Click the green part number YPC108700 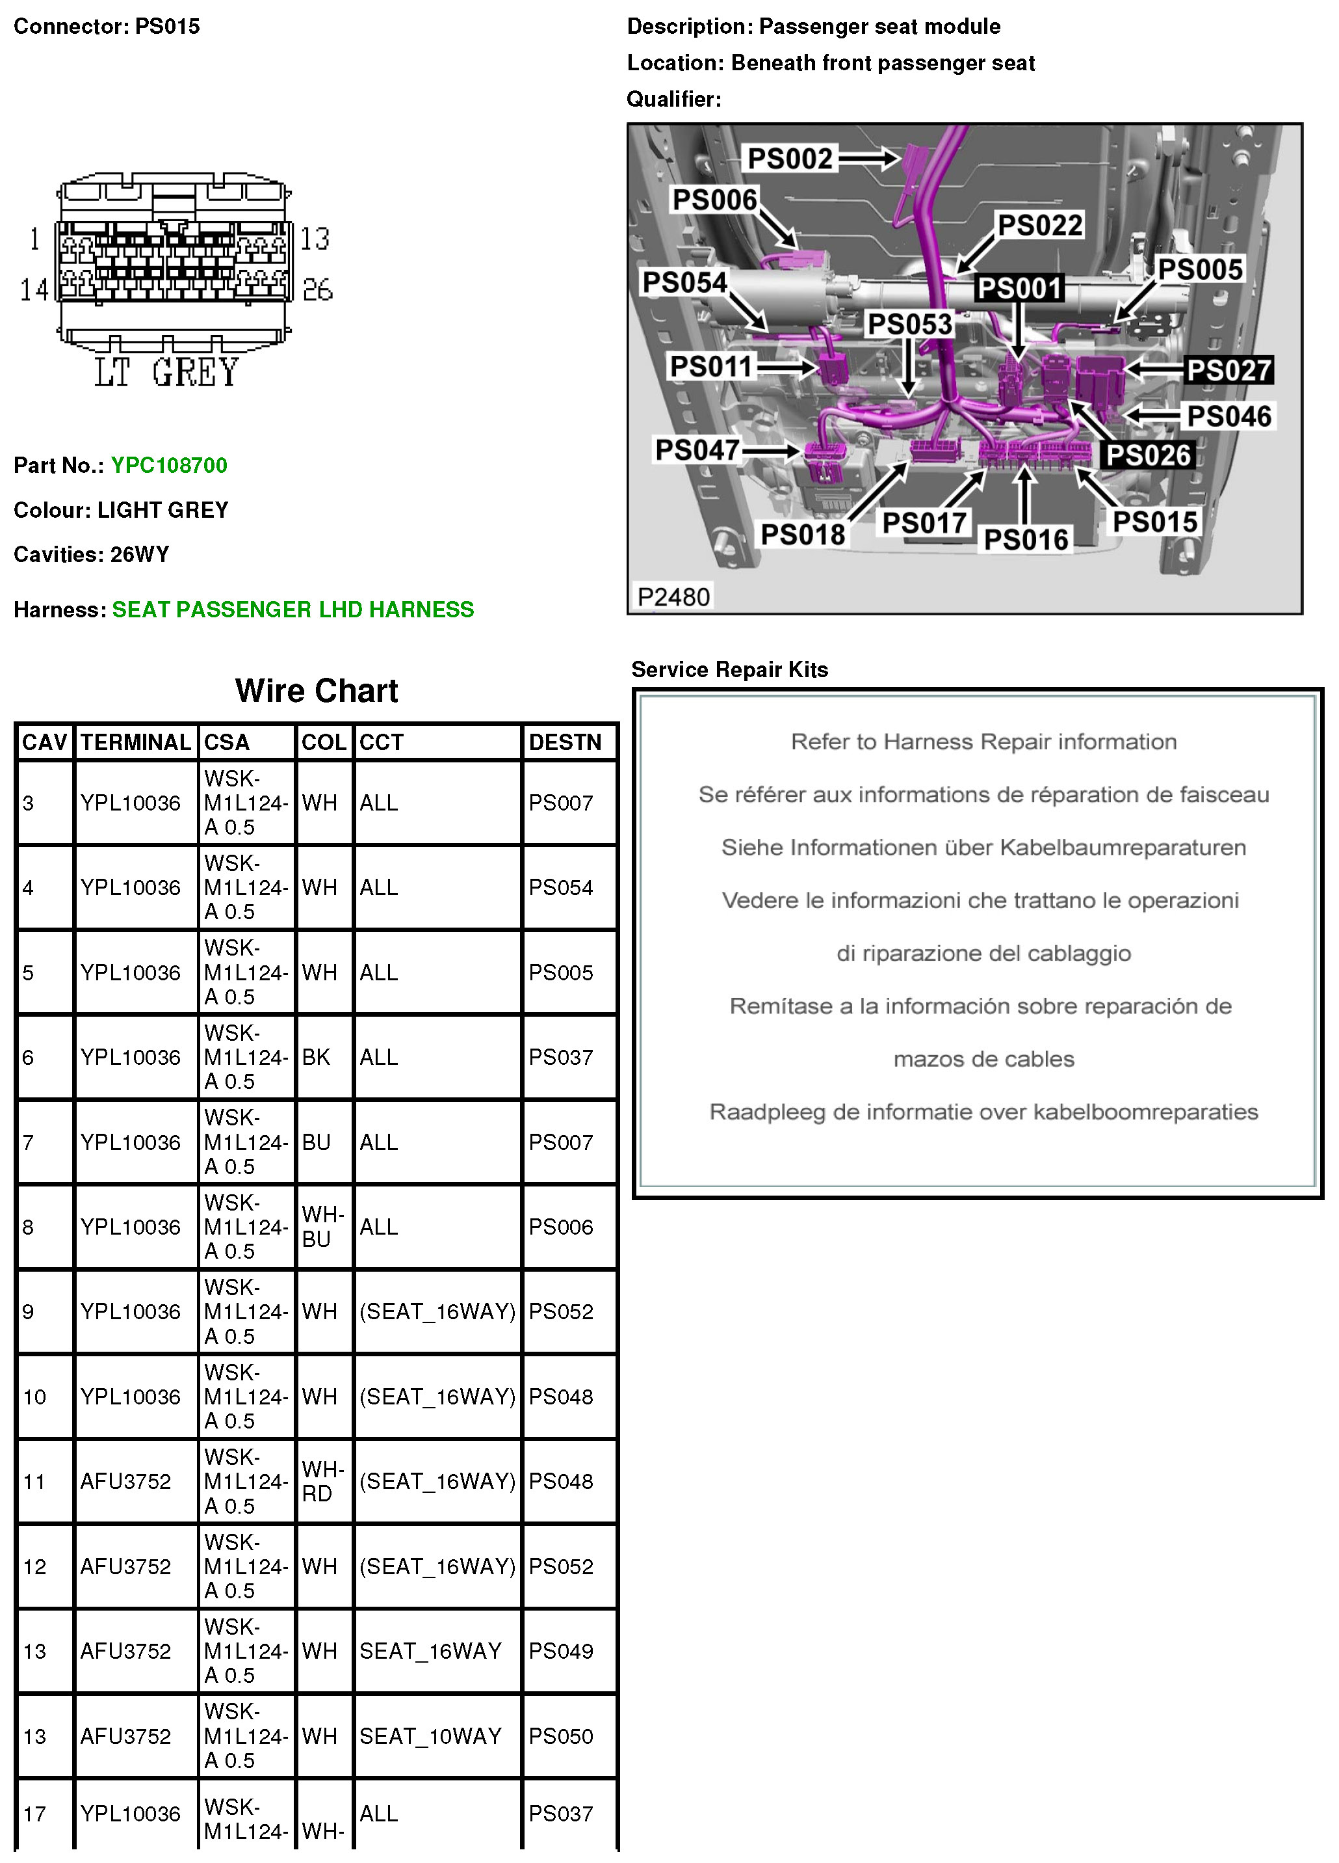(x=169, y=465)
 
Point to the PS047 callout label (x=697, y=449)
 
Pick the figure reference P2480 (x=673, y=596)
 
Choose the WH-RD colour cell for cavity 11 (x=322, y=1481)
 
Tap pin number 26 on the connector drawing (x=318, y=289)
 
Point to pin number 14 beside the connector (x=34, y=289)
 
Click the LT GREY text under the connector (x=166, y=372)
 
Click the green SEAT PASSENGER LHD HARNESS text (x=293, y=609)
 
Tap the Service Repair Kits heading (x=730, y=669)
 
